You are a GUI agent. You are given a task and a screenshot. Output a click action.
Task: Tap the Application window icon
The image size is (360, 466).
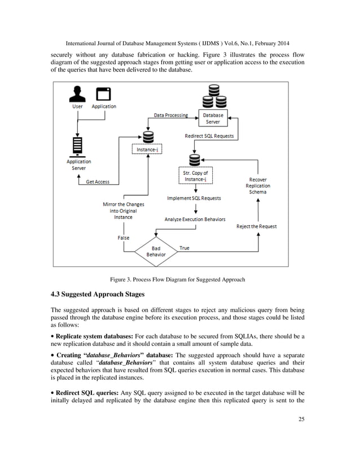103,94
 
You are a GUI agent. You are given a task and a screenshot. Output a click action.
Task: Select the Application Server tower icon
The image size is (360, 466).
78,147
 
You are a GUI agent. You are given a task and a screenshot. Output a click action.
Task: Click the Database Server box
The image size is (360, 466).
213,118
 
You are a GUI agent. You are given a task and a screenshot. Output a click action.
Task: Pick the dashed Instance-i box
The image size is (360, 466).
147,149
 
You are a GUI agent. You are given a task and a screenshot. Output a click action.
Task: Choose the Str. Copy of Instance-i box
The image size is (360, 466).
196,175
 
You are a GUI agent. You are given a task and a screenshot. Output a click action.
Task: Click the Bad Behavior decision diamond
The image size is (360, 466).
156,252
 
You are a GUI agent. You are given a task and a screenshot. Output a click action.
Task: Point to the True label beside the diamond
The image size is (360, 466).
185,248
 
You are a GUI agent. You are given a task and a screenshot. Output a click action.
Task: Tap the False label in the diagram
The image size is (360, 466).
124,238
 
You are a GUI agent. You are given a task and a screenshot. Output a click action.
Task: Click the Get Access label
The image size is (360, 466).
98,182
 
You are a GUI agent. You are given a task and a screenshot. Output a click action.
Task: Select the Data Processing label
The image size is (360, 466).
171,115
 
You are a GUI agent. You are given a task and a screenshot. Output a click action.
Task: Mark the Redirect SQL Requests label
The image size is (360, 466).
209,136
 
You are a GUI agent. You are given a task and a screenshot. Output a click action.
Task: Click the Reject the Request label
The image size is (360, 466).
257,226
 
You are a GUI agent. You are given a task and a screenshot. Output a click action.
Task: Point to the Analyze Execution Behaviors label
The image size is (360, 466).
195,219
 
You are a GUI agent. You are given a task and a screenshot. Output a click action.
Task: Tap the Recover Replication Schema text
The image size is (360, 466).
258,186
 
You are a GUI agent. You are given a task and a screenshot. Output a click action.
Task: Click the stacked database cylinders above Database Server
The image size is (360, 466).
214,96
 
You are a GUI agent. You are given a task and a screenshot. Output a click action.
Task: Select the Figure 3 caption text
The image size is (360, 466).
178,279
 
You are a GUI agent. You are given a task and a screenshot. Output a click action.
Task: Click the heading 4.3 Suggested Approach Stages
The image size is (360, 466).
98,294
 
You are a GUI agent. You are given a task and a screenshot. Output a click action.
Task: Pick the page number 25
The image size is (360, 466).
301,419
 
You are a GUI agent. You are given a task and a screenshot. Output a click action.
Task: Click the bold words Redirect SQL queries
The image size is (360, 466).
87,393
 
